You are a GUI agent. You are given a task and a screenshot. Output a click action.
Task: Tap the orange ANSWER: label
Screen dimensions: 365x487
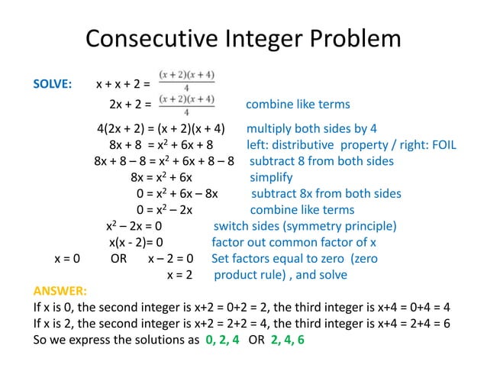[x=60, y=291]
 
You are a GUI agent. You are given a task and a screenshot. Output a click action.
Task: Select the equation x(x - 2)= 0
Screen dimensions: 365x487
[x=136, y=243]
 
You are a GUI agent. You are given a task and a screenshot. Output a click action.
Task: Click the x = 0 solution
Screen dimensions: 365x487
[x=67, y=259]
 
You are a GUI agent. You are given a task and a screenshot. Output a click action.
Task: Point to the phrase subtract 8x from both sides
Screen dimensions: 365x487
[x=326, y=193]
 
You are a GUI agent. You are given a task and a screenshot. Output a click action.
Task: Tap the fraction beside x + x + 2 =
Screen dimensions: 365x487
[x=186, y=79]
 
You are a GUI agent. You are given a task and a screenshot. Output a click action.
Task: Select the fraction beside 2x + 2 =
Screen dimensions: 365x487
[x=186, y=105]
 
